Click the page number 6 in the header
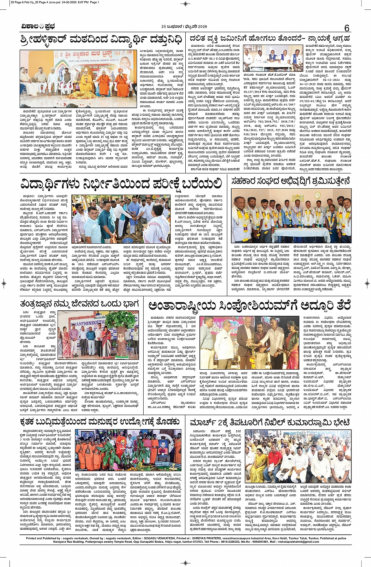point(347,28)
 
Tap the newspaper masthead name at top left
point(38,27)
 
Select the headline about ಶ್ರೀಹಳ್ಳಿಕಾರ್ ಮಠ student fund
point(101,40)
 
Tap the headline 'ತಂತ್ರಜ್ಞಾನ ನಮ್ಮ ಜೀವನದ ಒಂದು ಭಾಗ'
point(80,303)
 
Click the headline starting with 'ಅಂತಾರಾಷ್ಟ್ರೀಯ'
point(247,305)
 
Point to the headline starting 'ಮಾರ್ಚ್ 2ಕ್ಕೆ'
point(270,423)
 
